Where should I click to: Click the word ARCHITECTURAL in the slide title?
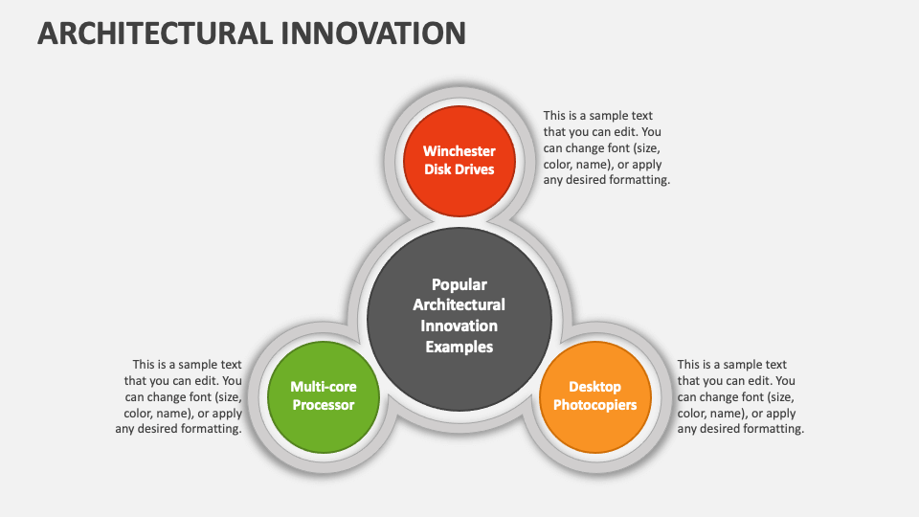click(x=153, y=33)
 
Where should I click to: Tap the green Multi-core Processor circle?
click(x=324, y=421)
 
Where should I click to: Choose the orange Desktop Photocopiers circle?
click(x=594, y=421)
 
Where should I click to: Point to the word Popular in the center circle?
click(x=459, y=284)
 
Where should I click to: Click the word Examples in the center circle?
click(x=459, y=347)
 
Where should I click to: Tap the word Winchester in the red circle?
click(x=459, y=151)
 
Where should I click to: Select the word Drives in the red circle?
click(x=475, y=169)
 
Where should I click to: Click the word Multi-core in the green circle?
click(x=324, y=387)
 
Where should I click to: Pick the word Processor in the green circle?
click(x=324, y=405)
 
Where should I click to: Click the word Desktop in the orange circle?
click(x=594, y=387)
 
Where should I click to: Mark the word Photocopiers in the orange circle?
click(x=594, y=405)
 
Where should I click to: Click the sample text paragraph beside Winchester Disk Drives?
click(x=606, y=147)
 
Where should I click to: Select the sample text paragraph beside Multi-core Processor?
click(x=179, y=396)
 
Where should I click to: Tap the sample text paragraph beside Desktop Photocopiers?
click(x=740, y=396)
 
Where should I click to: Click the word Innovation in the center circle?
click(x=459, y=326)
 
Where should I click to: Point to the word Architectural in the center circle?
click(x=459, y=304)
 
